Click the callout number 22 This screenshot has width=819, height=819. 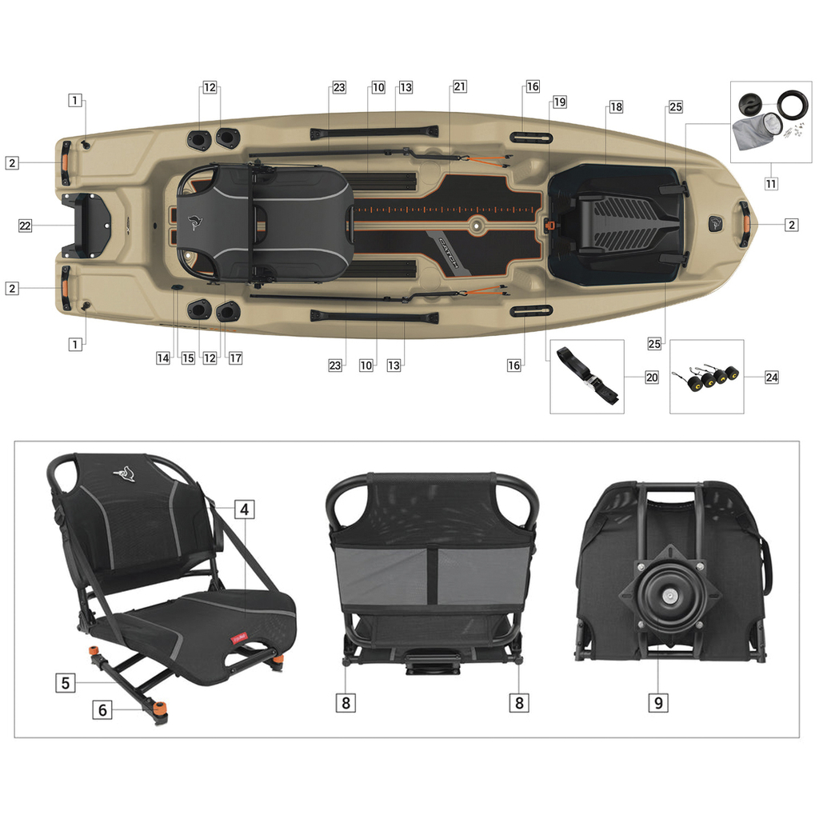pos(26,226)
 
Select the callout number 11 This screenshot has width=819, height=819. pos(771,183)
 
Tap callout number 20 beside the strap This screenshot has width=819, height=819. pos(652,377)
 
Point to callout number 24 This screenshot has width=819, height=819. pos(771,377)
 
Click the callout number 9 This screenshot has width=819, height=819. pos(658,702)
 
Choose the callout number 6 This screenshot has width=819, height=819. pos(102,709)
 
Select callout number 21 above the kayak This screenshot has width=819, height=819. pos(459,87)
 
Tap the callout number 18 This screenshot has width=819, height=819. pos(615,106)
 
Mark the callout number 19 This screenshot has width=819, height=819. pos(559,102)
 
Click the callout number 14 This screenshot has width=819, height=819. pos(163,358)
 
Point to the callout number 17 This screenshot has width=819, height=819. pos(235,358)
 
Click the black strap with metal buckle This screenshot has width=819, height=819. pos(588,375)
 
